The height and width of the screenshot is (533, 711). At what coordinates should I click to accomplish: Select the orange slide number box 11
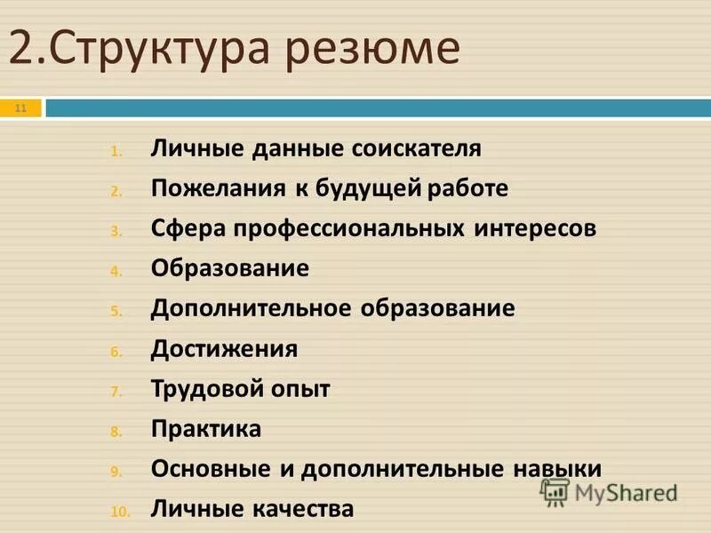coord(21,108)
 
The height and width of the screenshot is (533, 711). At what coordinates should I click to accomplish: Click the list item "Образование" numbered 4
coord(230,268)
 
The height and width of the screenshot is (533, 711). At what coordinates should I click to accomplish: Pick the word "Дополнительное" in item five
coord(252,308)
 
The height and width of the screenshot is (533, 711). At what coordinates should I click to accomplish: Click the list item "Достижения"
coord(224,348)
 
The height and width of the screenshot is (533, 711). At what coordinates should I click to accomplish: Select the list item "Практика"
coord(206,429)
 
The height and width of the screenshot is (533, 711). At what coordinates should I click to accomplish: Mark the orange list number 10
coord(121,511)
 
